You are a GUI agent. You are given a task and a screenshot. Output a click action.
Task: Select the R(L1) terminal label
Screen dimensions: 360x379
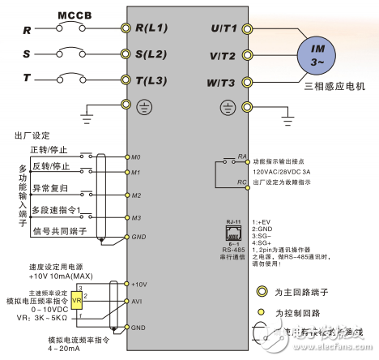(x=152, y=27)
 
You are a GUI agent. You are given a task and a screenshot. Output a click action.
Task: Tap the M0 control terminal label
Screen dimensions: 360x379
(x=137, y=155)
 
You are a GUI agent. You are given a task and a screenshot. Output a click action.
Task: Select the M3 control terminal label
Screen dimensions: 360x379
(x=137, y=217)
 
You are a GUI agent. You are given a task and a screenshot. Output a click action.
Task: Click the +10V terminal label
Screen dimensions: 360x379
(x=138, y=284)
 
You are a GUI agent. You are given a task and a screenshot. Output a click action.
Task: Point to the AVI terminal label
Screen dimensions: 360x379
(x=137, y=301)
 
